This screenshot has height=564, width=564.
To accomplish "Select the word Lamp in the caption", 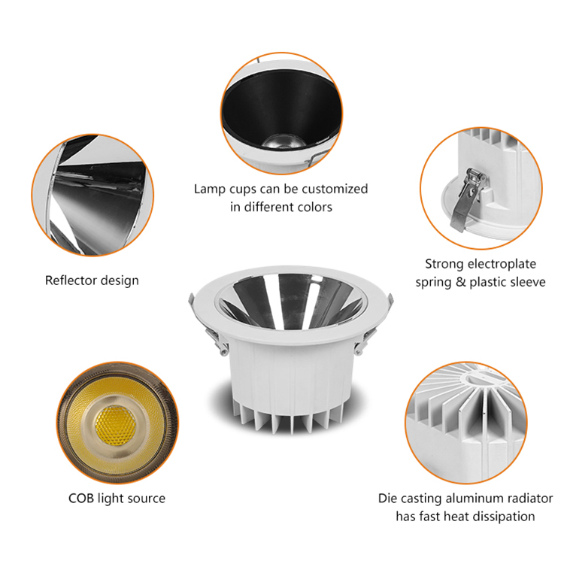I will (210, 189).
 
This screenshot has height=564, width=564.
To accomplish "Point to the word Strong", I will (444, 264).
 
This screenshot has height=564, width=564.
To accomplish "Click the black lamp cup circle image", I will (281, 113).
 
